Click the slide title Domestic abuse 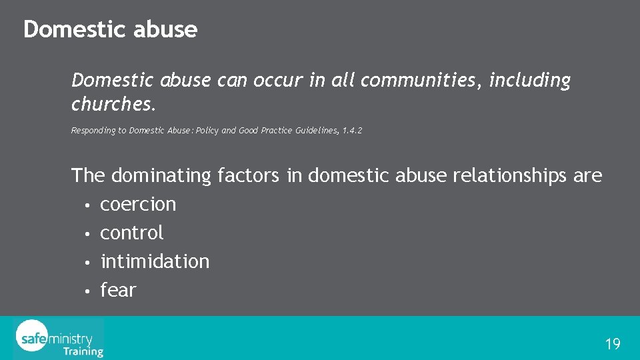tap(110, 29)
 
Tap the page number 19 tap(612, 344)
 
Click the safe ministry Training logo tap(59, 338)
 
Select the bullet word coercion tap(138, 204)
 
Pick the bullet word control tap(131, 233)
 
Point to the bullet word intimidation tap(155, 261)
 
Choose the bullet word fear tap(118, 290)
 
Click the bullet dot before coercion tap(87, 205)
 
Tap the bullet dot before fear tap(87, 291)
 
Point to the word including tap(530, 81)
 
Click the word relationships tap(509, 175)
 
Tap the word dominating tap(161, 175)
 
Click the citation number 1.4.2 tap(352, 131)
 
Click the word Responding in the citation tap(92, 131)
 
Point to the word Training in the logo tap(83, 351)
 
